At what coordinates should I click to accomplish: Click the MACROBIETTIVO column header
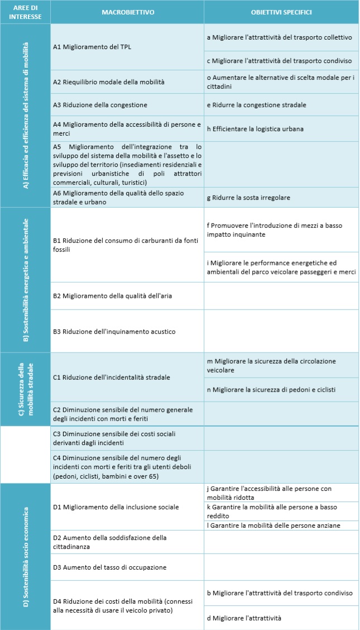[x=127, y=12]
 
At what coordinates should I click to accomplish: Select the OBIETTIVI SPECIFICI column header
[x=281, y=12]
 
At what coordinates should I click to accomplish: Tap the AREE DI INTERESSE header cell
[x=26, y=12]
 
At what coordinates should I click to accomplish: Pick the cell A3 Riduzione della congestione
[x=100, y=104]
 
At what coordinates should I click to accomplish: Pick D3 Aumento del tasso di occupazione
[x=109, y=567]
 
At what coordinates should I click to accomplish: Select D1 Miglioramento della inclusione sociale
[x=116, y=507]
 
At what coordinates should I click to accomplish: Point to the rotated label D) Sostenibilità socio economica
[x=26, y=556]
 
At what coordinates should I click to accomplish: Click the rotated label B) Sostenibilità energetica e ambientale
[x=26, y=279]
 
